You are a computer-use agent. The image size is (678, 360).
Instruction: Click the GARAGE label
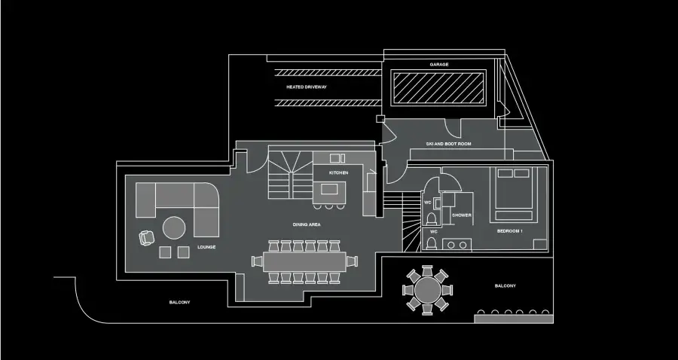click(x=439, y=65)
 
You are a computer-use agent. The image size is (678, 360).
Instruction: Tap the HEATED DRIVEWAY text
click(x=307, y=87)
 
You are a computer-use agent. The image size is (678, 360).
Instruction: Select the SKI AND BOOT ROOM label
click(x=448, y=144)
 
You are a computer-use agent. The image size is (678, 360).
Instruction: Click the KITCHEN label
click(x=338, y=173)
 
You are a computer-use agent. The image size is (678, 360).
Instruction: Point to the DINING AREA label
click(x=307, y=224)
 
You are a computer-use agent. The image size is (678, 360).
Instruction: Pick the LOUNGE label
click(x=206, y=247)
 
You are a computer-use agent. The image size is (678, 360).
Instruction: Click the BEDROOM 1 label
click(x=510, y=231)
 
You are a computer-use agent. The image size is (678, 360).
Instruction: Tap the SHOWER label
click(x=462, y=215)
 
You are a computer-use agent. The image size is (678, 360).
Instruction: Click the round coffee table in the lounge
click(x=174, y=227)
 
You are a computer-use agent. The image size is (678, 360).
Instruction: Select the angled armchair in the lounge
click(x=147, y=238)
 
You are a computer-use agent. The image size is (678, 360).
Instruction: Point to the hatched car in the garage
click(x=438, y=87)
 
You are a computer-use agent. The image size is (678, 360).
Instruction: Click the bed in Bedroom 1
click(x=513, y=194)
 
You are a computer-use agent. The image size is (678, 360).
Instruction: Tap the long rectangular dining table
click(x=304, y=261)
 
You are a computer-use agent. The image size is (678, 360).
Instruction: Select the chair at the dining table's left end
click(x=258, y=261)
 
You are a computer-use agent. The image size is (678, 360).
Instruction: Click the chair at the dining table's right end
click(x=352, y=261)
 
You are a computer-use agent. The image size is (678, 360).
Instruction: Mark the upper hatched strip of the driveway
click(x=328, y=72)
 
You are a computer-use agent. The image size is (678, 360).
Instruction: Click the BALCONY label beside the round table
click(x=505, y=286)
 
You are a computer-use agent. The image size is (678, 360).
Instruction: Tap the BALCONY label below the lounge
click(x=179, y=303)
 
